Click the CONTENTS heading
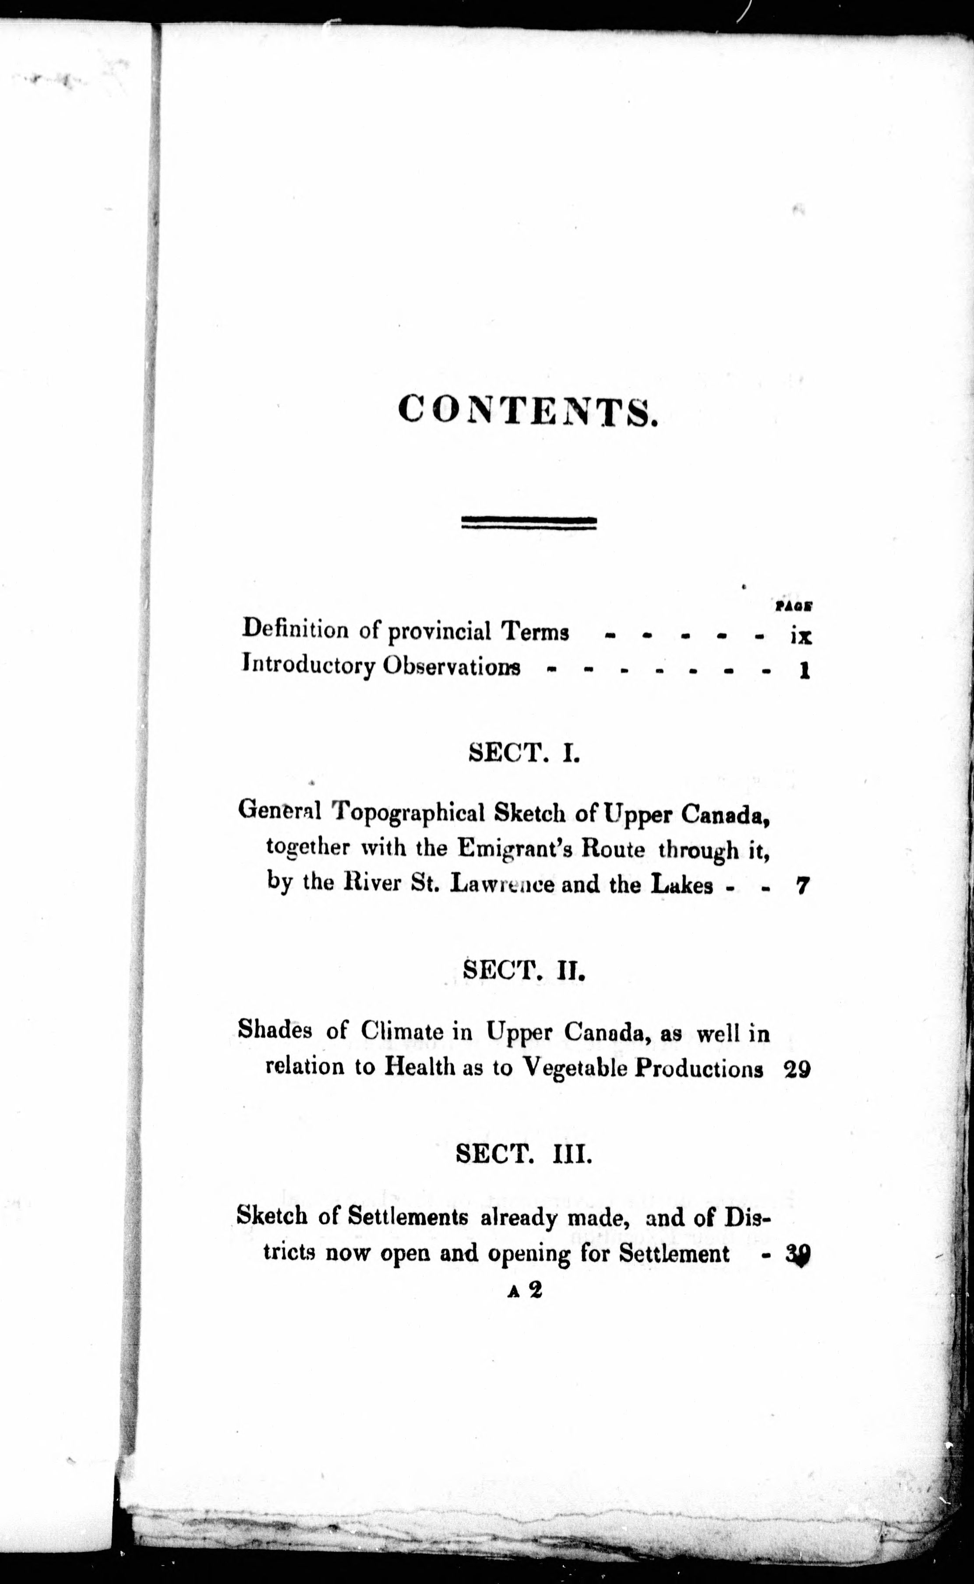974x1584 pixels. point(527,412)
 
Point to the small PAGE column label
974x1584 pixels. point(793,605)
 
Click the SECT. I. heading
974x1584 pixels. point(524,753)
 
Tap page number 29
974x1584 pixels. point(798,1069)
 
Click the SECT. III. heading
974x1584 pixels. point(523,1154)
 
